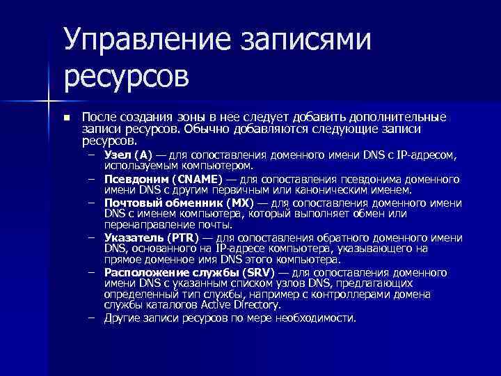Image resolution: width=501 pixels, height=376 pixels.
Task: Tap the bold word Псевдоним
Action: click(134, 178)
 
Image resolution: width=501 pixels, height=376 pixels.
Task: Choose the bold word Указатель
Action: click(133, 237)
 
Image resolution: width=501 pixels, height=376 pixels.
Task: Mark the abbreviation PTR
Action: click(182, 237)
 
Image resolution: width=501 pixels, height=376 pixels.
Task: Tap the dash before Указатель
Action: click(91, 237)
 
